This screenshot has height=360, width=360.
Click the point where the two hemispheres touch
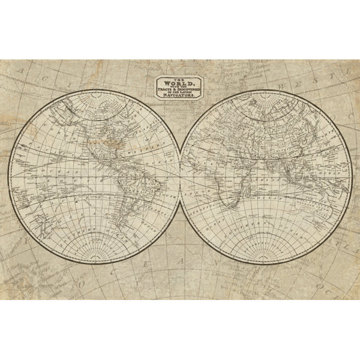(x=181, y=179)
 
